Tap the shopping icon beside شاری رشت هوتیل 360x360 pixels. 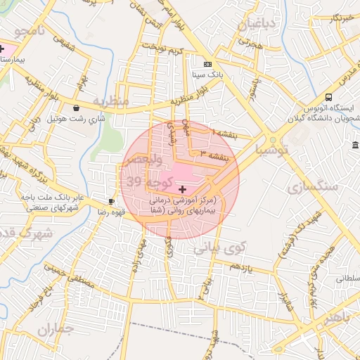75,108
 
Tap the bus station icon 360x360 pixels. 329,98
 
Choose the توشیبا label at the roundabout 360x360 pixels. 272,150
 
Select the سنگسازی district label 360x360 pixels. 312,186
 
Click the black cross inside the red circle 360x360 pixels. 183,189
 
